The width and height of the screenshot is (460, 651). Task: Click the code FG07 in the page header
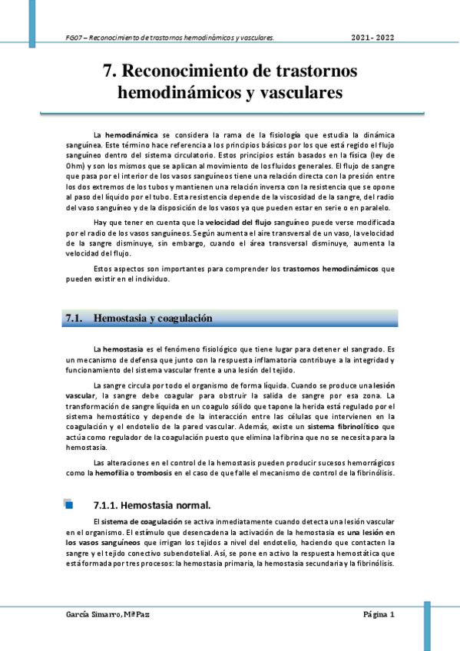point(75,37)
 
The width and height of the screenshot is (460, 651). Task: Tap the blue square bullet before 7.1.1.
point(68,504)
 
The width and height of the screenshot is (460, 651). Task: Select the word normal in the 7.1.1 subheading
point(192,505)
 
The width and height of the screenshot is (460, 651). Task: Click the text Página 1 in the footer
point(379,615)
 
